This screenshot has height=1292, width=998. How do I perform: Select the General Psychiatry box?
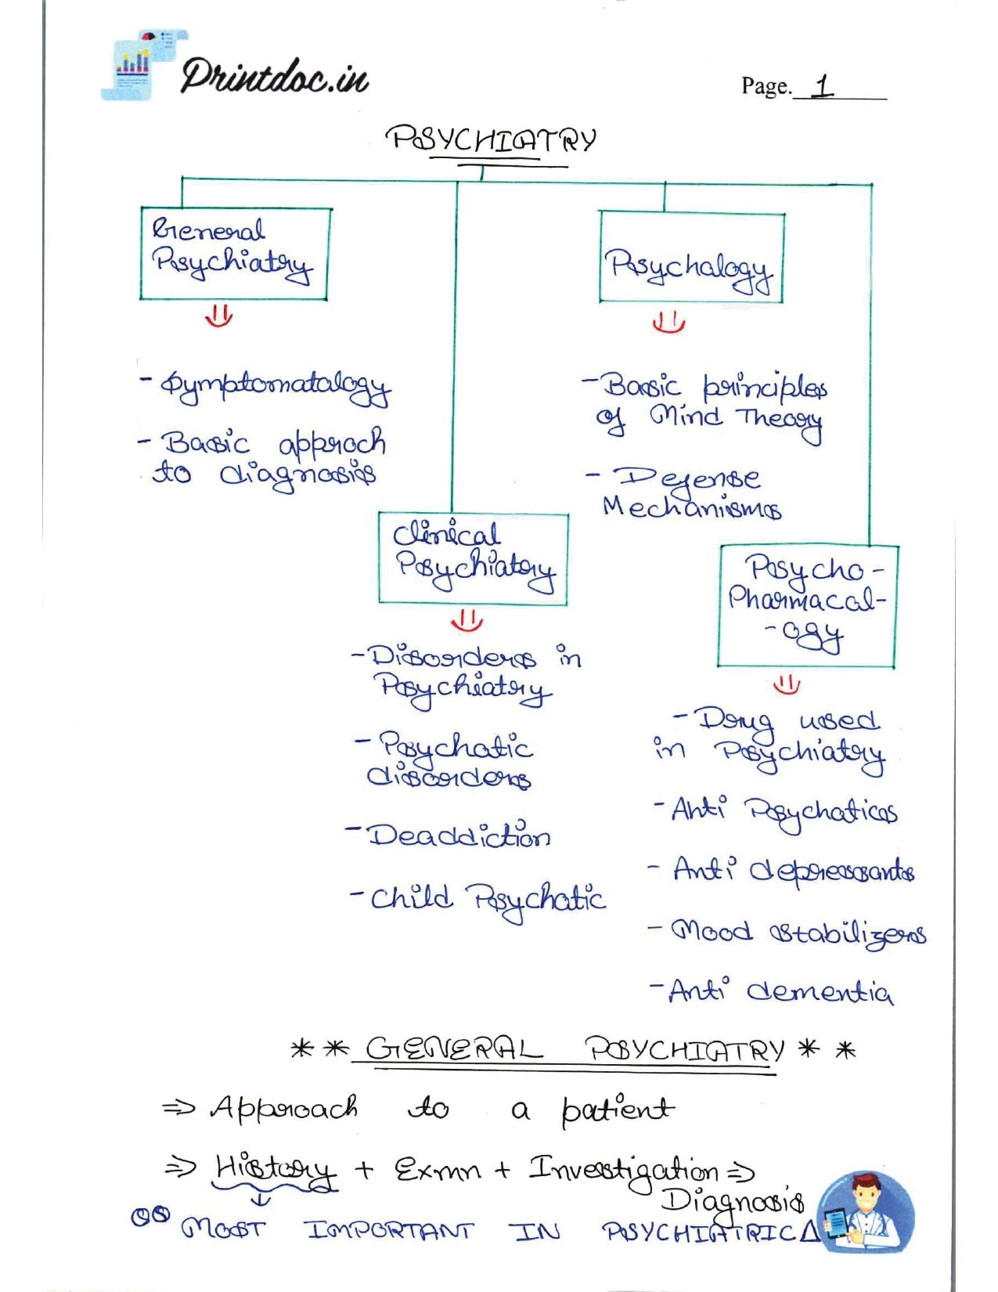click(x=234, y=253)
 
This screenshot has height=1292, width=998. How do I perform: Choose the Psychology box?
click(x=691, y=257)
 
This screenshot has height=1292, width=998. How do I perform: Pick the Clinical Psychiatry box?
click(x=473, y=558)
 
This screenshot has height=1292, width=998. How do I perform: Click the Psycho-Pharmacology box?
click(x=807, y=606)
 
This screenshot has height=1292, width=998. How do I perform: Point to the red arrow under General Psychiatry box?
click(x=218, y=316)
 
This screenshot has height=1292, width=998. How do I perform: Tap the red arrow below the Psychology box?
click(x=668, y=322)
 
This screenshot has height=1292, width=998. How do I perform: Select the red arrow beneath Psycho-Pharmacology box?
click(x=787, y=684)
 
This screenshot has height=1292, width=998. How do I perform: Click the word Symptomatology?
click(x=275, y=386)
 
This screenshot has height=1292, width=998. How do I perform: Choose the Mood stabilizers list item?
click(x=798, y=933)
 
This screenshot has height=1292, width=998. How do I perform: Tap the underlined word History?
click(x=275, y=1171)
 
